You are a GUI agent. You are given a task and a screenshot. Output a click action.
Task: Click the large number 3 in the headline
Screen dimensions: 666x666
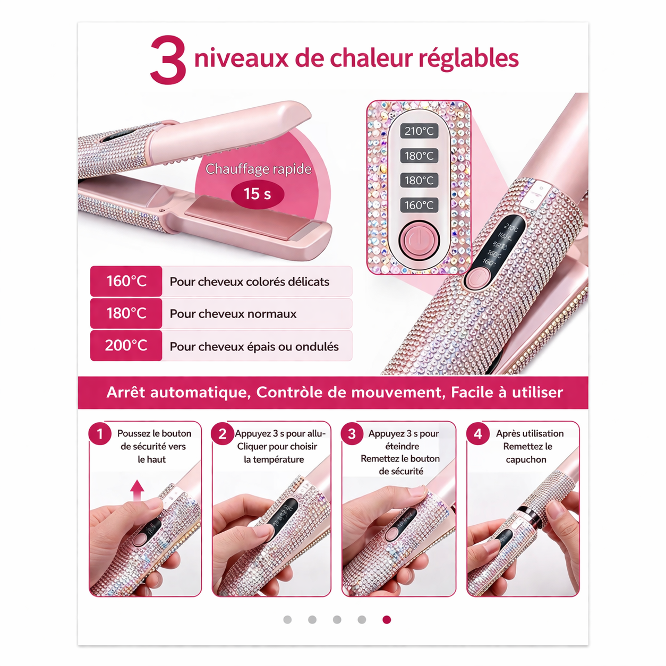[168, 60]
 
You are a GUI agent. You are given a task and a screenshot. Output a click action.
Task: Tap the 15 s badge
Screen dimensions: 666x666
[257, 194]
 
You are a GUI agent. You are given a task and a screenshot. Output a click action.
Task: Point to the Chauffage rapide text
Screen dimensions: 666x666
[258, 169]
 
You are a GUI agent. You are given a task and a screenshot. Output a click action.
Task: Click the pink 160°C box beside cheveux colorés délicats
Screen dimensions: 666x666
[126, 281]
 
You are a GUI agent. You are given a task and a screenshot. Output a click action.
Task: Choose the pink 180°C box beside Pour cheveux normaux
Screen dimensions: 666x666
[126, 313]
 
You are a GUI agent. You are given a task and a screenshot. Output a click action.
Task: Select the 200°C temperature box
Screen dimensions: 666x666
[126, 346]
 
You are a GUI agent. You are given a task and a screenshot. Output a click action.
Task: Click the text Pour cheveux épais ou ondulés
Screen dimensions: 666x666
[254, 347]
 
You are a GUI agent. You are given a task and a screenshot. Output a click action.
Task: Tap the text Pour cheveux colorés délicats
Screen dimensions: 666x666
[249, 281]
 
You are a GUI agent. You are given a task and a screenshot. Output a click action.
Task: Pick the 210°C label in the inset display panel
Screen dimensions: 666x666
[419, 131]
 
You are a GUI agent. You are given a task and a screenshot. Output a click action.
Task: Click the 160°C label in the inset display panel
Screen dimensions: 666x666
[419, 205]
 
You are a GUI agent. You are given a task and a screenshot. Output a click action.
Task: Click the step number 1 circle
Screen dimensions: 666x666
[100, 434]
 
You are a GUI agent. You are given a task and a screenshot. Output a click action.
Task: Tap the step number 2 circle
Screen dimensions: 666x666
[223, 434]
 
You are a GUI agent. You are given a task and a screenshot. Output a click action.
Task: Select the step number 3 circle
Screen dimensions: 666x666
[352, 434]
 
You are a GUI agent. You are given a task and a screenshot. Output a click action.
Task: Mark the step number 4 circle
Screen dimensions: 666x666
[477, 434]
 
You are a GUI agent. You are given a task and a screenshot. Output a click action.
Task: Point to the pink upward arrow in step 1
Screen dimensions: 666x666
[137, 490]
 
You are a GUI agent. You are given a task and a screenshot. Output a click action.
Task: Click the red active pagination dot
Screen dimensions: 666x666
[387, 620]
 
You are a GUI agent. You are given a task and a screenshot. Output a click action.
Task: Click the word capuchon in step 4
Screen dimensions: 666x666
[526, 459]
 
